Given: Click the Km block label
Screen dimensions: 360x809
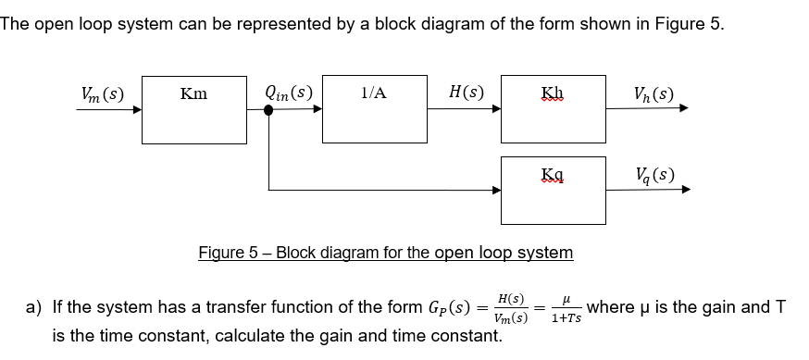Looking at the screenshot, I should click(x=193, y=93).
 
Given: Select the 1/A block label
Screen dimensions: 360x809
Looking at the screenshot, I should click(x=374, y=93).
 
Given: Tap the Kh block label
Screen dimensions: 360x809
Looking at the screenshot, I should click(x=552, y=93).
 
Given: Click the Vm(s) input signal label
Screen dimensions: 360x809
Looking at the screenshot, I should click(x=102, y=93).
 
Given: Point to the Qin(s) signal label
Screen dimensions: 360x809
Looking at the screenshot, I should click(x=288, y=93).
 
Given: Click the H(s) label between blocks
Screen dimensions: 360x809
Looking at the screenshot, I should click(x=466, y=93).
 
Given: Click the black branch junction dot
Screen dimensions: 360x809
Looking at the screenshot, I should click(x=269, y=110).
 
